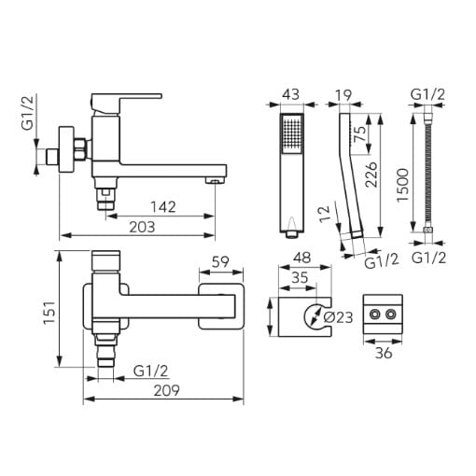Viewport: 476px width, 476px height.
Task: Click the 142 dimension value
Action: pyautogui.click(x=163, y=207)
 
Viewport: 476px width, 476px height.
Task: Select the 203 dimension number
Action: pyautogui.click(x=142, y=227)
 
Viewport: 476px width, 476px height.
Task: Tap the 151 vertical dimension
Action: pyautogui.click(x=49, y=313)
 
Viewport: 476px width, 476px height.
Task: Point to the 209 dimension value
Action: pyautogui.click(x=167, y=390)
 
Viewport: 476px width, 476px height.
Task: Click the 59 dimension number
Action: pyautogui.click(x=220, y=262)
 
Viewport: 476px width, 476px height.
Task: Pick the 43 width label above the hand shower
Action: pyautogui.click(x=291, y=94)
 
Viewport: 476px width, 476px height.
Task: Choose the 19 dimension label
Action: pyautogui.click(x=343, y=95)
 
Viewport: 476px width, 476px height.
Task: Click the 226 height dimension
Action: pyautogui.click(x=371, y=175)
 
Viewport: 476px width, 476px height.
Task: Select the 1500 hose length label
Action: pyautogui.click(x=403, y=185)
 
